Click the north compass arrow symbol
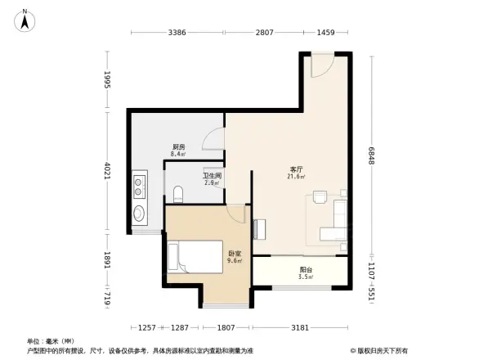coord(25,19)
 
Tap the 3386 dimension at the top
coord(177,33)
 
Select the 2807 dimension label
coord(263,33)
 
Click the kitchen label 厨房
coord(177,146)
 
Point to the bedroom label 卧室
coord(233,254)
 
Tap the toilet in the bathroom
coord(178,194)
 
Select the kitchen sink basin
coord(139,214)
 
